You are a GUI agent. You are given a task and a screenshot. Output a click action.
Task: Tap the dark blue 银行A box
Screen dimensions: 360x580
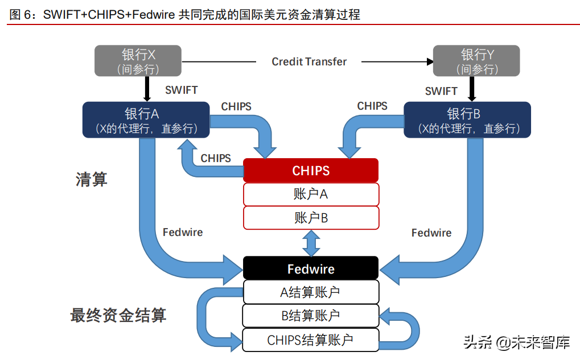tap(146, 120)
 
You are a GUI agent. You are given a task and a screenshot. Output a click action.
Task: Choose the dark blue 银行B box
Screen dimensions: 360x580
tap(467, 120)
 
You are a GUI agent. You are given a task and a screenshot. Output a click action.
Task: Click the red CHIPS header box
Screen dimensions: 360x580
tap(311, 171)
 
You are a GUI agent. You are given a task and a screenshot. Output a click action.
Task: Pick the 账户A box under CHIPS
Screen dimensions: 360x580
tap(311, 194)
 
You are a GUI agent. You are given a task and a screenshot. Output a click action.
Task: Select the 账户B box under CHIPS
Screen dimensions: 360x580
tap(311, 217)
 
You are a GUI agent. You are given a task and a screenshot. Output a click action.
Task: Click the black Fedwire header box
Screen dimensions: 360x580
tap(311, 268)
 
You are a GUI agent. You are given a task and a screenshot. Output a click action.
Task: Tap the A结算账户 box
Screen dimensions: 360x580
tap(311, 292)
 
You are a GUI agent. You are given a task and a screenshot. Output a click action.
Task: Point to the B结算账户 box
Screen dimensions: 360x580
tap(311, 316)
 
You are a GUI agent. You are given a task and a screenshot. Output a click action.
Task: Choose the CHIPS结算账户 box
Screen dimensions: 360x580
tap(311, 340)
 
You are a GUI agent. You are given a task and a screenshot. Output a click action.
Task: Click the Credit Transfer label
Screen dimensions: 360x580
tap(309, 61)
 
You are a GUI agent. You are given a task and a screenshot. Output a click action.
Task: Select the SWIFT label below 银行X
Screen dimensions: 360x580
tap(181, 90)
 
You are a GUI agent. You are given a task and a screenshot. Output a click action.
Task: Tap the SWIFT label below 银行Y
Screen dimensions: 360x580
tap(441, 91)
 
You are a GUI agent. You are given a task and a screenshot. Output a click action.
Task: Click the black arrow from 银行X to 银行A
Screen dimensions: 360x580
tap(146, 89)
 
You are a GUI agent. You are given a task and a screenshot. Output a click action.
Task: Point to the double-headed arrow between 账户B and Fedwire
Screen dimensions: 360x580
tap(311, 243)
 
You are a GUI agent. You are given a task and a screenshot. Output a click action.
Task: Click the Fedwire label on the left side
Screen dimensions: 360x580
tap(183, 232)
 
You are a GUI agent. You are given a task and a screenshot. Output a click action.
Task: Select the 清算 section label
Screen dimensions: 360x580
tap(92, 180)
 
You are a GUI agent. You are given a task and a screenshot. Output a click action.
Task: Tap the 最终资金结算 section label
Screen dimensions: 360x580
tap(118, 315)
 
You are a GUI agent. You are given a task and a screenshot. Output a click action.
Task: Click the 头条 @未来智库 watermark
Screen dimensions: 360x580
tap(516, 342)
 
